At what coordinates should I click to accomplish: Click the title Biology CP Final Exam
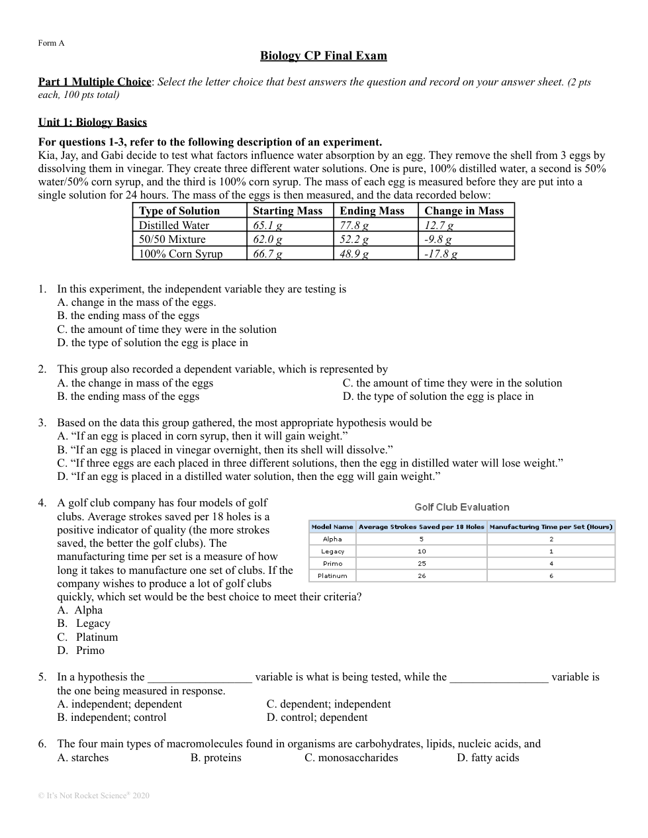[323, 56]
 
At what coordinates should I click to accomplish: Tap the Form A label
[51, 43]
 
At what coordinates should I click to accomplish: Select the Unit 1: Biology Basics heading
[92, 122]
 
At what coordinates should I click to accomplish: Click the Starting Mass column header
[287, 210]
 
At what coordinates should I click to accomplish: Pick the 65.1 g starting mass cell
[267, 225]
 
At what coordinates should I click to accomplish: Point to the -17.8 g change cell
[441, 254]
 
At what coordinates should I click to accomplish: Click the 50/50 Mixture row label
[172, 239]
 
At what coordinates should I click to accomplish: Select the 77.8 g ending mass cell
[354, 225]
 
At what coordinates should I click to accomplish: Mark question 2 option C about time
[452, 383]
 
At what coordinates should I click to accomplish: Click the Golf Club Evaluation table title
[461, 507]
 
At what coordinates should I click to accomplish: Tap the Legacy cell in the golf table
[332, 551]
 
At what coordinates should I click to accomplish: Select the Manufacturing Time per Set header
[551, 527]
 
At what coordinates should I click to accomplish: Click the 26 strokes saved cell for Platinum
[422, 576]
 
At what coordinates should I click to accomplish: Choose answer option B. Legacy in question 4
[84, 623]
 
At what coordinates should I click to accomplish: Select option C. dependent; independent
[328, 704]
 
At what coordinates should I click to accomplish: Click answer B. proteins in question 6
[216, 757]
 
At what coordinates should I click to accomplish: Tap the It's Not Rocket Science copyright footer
[93, 795]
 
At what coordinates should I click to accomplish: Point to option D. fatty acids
[488, 757]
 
